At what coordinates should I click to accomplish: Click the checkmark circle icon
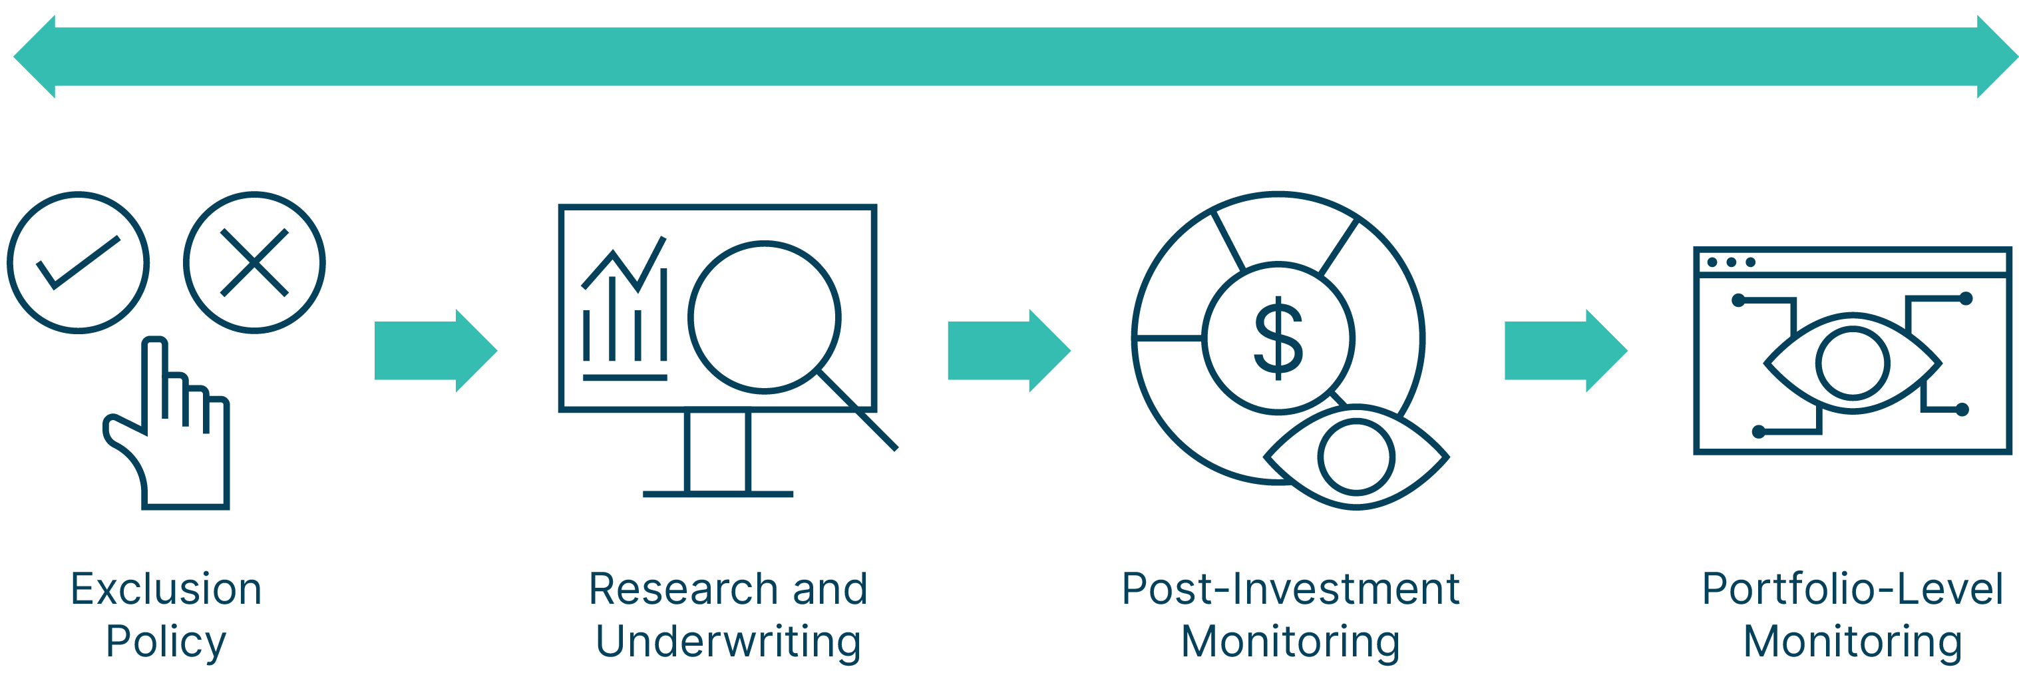coord(79,263)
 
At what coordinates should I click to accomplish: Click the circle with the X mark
coord(254,263)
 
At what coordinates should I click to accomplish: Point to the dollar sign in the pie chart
coord(1278,338)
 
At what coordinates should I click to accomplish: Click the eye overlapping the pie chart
coord(1357,457)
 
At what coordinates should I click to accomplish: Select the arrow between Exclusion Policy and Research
coord(436,351)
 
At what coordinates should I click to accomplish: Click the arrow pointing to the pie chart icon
coord(1009,351)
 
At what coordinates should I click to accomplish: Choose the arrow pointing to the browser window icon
coord(1565,351)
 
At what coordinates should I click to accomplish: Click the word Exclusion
coord(166,589)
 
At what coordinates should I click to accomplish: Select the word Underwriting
coord(728,642)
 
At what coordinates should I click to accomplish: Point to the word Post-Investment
coord(1290,589)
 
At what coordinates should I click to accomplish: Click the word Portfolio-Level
coord(1852,589)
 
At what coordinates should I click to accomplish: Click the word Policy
coord(166,642)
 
